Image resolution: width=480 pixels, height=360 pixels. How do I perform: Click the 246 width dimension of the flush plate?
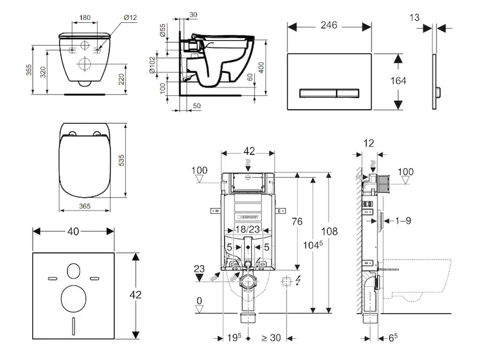(x=328, y=25)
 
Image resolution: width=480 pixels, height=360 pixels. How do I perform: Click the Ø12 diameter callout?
(x=131, y=17)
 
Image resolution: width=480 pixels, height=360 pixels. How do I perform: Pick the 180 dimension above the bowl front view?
(x=84, y=17)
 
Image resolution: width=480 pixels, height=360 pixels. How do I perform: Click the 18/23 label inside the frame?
(x=246, y=229)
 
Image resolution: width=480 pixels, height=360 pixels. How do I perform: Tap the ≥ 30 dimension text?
(x=272, y=338)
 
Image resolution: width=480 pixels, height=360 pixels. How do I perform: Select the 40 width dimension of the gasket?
(x=73, y=230)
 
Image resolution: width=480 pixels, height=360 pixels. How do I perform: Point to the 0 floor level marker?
(x=200, y=301)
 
